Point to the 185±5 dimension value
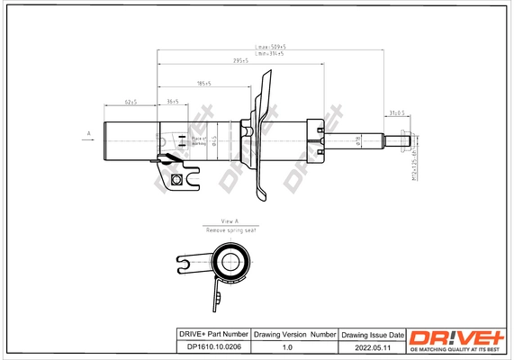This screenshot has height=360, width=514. [x=204, y=84]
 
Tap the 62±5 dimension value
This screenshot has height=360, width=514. [x=131, y=102]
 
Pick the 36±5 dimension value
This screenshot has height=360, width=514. [x=172, y=102]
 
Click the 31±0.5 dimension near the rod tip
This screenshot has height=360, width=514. [x=397, y=112]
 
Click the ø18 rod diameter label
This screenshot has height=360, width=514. [x=357, y=140]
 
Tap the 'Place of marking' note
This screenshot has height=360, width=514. [x=200, y=140]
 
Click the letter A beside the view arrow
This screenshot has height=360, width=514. [x=88, y=133]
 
